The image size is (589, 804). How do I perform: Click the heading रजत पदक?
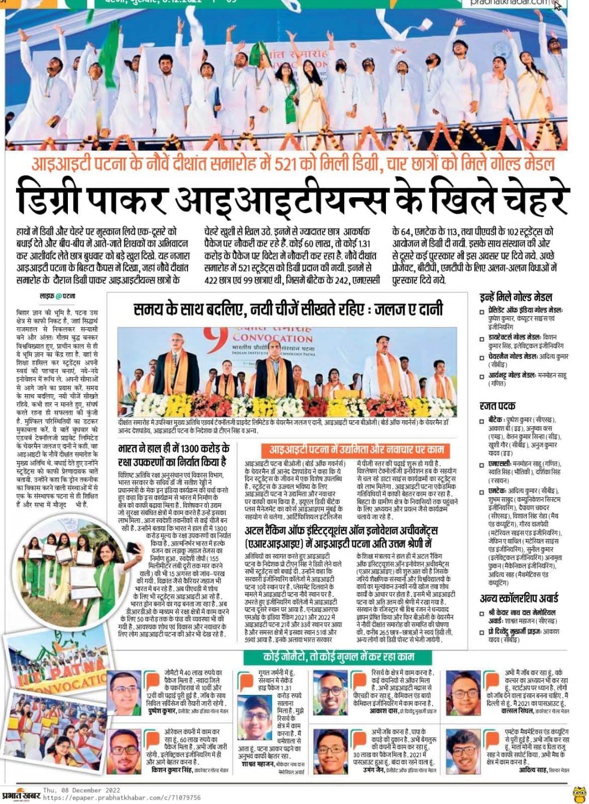[498, 406]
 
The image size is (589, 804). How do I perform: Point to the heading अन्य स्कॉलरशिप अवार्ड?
[526, 598]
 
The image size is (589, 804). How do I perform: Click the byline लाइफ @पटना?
[58, 296]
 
